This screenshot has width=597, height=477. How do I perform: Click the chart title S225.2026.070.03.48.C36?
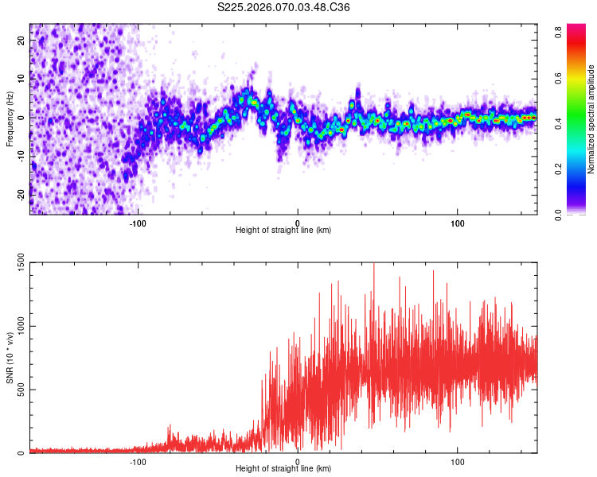[x=284, y=7]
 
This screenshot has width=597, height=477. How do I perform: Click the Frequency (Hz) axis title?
[x=10, y=118]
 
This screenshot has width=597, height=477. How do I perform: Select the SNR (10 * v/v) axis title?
[x=10, y=358]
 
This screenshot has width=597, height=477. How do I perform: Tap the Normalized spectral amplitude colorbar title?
[x=591, y=119]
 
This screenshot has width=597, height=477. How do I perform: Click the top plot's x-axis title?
[x=283, y=231]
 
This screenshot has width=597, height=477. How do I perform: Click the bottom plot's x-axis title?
[x=283, y=470]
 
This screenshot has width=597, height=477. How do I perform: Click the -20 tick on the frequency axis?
[x=21, y=193]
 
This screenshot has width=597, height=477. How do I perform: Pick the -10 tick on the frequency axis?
[x=21, y=155]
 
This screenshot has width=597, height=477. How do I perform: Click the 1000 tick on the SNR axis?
[x=19, y=326]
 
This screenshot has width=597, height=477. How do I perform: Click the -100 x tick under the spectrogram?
[x=138, y=223]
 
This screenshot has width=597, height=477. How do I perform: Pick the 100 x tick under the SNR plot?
[x=458, y=462]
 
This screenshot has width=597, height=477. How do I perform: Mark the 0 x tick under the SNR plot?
[x=298, y=462]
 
